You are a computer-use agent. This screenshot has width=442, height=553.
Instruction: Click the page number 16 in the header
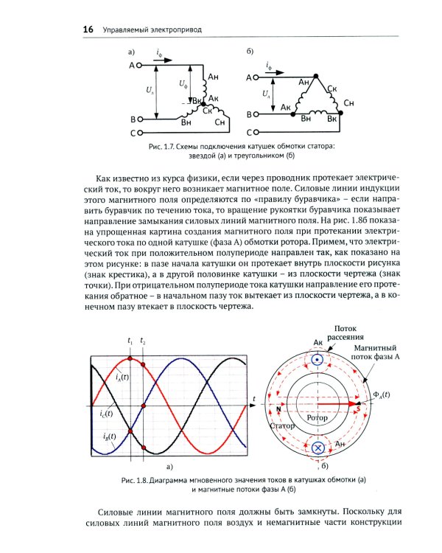[x=88, y=29]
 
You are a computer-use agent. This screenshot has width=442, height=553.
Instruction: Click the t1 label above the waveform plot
[x=130, y=341]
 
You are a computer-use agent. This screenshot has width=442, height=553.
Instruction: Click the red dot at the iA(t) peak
[x=130, y=357]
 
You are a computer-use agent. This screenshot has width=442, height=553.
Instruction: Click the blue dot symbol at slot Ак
[x=318, y=361]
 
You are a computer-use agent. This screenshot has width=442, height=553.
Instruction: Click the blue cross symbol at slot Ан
[x=319, y=448]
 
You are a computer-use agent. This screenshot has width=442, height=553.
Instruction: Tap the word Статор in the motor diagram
[x=284, y=426]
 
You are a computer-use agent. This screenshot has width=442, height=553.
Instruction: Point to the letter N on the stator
[x=278, y=408]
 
